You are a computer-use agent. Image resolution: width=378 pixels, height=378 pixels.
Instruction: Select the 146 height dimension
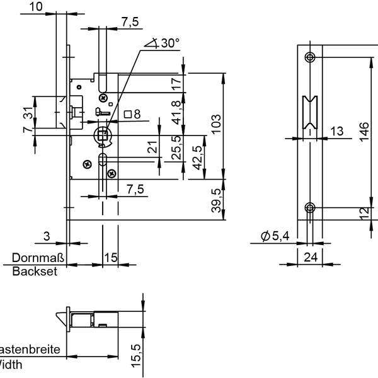click(364, 132)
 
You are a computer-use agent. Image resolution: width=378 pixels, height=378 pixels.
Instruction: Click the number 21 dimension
click(151, 148)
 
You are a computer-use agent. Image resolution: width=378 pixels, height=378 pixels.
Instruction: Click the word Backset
click(35, 272)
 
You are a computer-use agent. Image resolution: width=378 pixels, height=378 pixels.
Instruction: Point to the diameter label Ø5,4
click(275, 236)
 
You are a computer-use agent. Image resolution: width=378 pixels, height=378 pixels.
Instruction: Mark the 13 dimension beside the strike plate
click(336, 131)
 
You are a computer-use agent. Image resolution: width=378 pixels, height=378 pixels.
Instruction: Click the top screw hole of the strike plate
click(309, 58)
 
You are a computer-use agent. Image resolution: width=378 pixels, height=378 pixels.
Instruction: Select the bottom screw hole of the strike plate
click(309, 208)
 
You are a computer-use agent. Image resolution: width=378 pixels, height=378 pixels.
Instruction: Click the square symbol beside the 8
click(128, 114)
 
